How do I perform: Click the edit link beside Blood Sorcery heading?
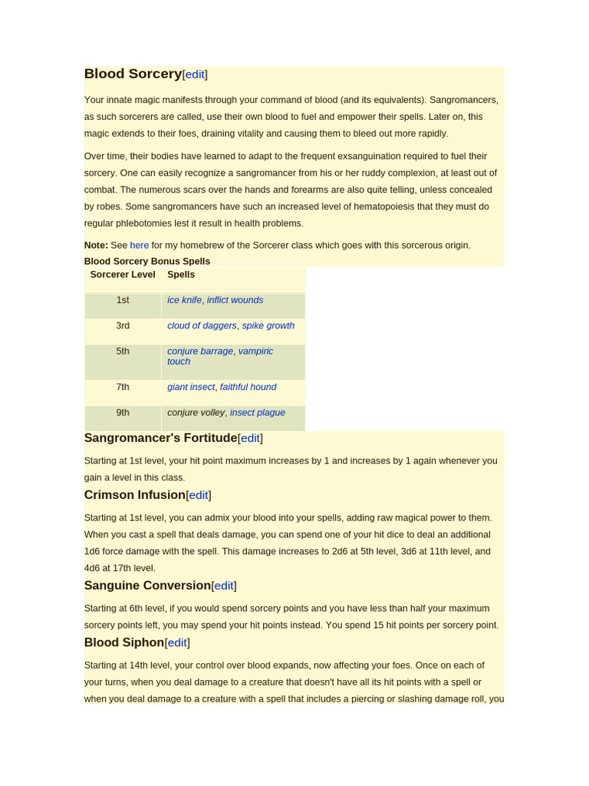point(195,74)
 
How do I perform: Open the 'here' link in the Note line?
point(140,245)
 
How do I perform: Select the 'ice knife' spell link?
point(184,300)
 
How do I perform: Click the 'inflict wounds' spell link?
point(235,300)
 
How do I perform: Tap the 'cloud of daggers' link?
point(202,325)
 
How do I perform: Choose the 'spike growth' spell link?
point(268,325)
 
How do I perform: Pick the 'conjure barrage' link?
point(199,351)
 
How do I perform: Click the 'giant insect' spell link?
point(191,387)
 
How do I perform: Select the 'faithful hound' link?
point(248,387)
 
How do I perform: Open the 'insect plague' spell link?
point(258,412)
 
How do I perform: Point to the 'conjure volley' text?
point(196,412)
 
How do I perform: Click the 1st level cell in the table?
point(123,300)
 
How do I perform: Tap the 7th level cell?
point(123,387)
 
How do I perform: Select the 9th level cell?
point(123,412)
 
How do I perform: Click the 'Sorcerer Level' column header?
point(123,274)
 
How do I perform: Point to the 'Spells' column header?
point(181,274)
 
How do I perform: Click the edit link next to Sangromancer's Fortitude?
point(250,438)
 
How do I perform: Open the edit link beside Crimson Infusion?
point(199,495)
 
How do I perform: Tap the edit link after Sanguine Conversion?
point(224,586)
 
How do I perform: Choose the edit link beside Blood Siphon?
point(177,642)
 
